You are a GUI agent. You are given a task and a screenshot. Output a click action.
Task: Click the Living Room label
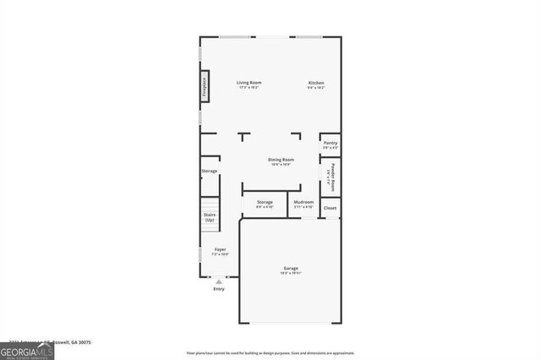[x=249, y=82]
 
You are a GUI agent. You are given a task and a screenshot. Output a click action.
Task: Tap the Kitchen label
[x=316, y=82]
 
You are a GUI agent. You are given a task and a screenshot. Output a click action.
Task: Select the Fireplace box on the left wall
[x=204, y=88]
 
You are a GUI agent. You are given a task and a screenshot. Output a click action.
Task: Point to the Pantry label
[x=331, y=143]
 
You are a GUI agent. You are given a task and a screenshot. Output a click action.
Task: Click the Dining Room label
[x=281, y=160]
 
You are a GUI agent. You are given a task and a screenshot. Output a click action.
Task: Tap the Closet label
[x=331, y=207]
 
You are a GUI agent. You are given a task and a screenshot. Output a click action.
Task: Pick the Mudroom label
[x=303, y=202]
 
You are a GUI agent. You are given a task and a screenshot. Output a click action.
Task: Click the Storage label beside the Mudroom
[x=265, y=202]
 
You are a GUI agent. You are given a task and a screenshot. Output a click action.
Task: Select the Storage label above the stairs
[x=209, y=172]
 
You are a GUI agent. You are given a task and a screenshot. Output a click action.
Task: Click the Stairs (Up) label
[x=210, y=217]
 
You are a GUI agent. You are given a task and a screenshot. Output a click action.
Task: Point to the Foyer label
[x=220, y=249]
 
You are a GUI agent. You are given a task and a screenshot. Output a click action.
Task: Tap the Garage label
[x=290, y=269]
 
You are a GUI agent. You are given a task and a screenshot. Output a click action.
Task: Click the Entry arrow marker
[x=219, y=281]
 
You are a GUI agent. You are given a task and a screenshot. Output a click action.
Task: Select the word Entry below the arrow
[x=219, y=289]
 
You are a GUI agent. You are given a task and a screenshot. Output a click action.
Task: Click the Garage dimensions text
[x=290, y=274]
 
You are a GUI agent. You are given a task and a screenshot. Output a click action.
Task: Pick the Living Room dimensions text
[x=249, y=87]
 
